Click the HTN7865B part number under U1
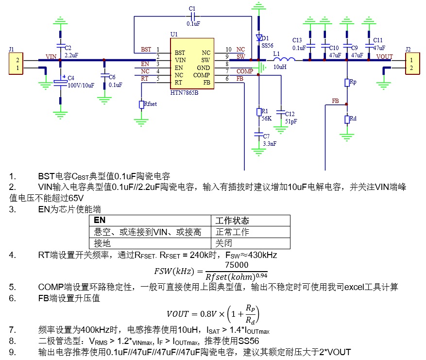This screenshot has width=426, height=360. pos(184,93)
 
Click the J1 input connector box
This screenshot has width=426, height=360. pos(16,64)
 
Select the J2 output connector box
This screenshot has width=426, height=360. pos(412,64)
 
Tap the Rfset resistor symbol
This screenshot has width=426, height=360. pos(141,104)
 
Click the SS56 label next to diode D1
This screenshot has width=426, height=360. pos(267,45)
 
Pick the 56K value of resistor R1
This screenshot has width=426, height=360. pos(267,119)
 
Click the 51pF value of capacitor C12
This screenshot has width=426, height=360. pos(291,121)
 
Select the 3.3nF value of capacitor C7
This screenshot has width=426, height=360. pos(270,143)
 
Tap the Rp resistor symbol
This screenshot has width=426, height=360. pos(347,83)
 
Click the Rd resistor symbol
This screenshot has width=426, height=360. pos(347,120)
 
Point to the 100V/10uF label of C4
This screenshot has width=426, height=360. pos(81,86)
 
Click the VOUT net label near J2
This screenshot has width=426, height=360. pos(384,56)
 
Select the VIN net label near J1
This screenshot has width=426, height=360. pos(51,56)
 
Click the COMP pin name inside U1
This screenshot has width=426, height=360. pos(201,75)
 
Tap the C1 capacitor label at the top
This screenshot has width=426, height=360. pos(192,9)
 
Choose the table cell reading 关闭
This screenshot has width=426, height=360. pos(251,243)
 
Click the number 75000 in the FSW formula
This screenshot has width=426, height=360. pos(237,265)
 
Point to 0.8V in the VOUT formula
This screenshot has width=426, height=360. pos(208,314)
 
